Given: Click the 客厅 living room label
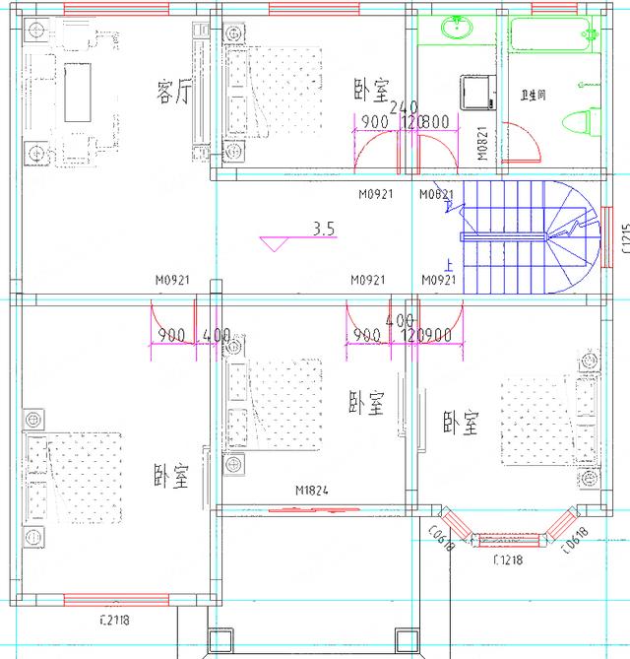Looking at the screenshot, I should (x=173, y=92).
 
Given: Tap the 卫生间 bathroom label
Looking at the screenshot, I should (x=533, y=96).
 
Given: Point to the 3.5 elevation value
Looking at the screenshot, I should (x=324, y=229).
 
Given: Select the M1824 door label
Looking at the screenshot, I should (x=311, y=490).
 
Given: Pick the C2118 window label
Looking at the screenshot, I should (x=115, y=620).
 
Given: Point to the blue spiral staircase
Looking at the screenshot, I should (x=532, y=236).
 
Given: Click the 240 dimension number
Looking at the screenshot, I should (x=405, y=107).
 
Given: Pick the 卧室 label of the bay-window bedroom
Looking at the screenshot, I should (x=460, y=425).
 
